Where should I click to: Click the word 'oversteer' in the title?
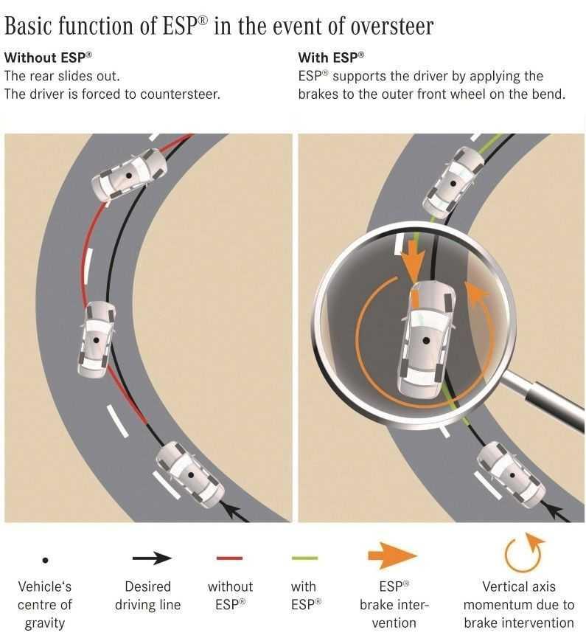(x=392, y=27)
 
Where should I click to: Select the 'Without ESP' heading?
(x=48, y=58)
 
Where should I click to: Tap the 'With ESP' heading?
(x=331, y=58)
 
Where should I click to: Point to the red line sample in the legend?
(x=229, y=558)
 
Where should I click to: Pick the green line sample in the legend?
(x=304, y=558)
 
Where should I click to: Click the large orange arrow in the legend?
(x=392, y=555)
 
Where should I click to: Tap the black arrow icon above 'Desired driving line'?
(x=152, y=558)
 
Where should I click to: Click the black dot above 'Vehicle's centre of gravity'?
(x=46, y=560)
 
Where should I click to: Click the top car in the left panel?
(x=129, y=175)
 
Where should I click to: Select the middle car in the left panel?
(x=97, y=340)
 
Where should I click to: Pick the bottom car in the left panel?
(x=191, y=475)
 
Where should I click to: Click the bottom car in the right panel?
(x=512, y=475)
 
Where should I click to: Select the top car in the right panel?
(x=453, y=183)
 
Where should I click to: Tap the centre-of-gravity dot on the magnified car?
(x=426, y=341)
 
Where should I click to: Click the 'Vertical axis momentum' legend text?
(x=519, y=605)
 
